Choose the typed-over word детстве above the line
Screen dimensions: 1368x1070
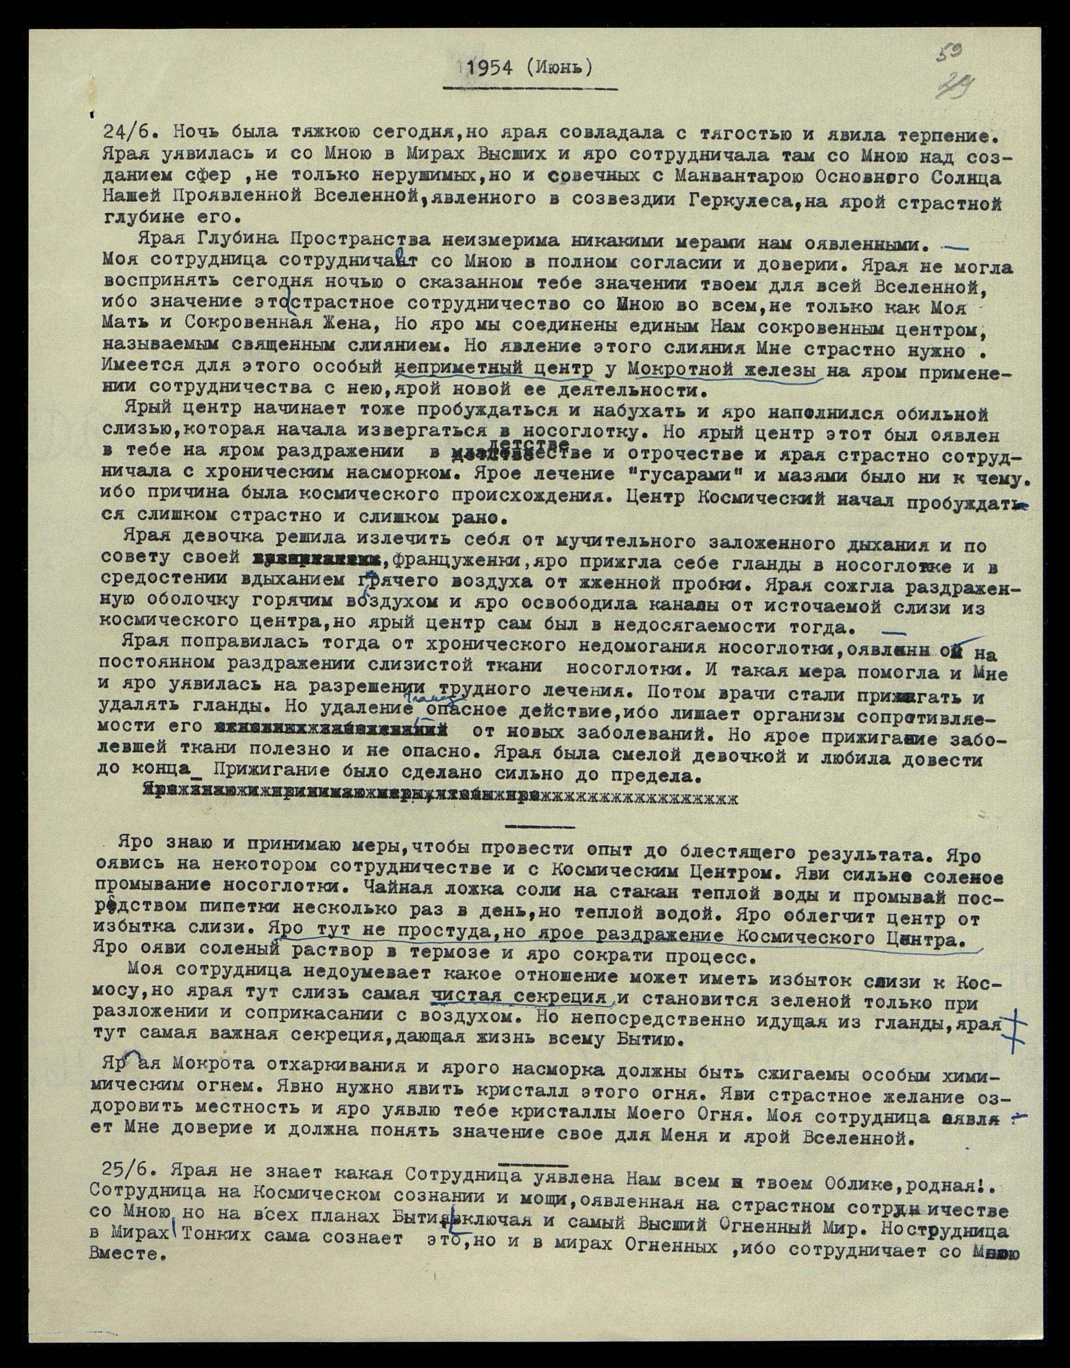[x=525, y=442]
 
